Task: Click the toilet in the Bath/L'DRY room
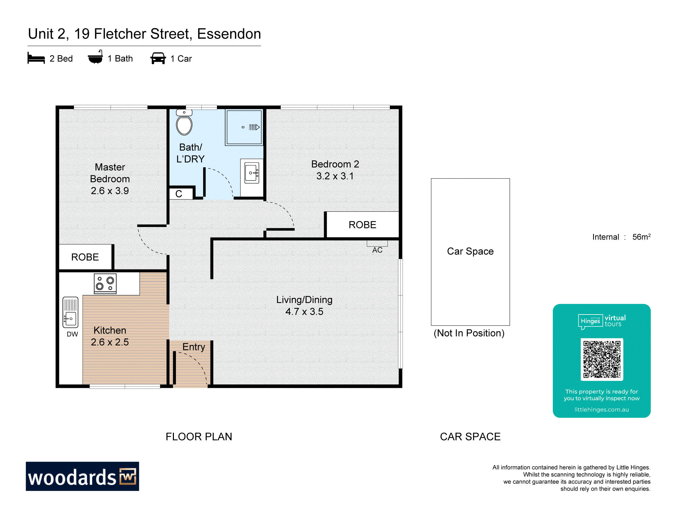click(x=184, y=122)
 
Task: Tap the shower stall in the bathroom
click(x=244, y=128)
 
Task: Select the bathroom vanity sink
click(x=252, y=173)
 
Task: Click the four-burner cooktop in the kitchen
click(x=105, y=283)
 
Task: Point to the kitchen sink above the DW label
click(x=70, y=312)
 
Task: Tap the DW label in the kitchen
click(x=72, y=334)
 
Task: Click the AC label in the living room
click(x=377, y=250)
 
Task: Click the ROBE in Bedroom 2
click(x=362, y=225)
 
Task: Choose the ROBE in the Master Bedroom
click(x=85, y=257)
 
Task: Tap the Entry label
click(x=194, y=347)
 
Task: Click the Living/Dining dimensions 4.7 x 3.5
click(x=304, y=312)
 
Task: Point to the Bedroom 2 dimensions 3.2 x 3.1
click(x=335, y=176)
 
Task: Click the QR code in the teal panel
click(x=602, y=359)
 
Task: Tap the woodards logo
click(x=82, y=476)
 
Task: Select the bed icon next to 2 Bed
click(x=36, y=58)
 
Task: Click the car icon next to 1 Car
click(x=158, y=58)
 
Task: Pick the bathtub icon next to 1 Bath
click(x=95, y=57)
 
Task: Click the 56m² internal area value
click(x=641, y=237)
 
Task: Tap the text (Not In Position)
click(x=469, y=333)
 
